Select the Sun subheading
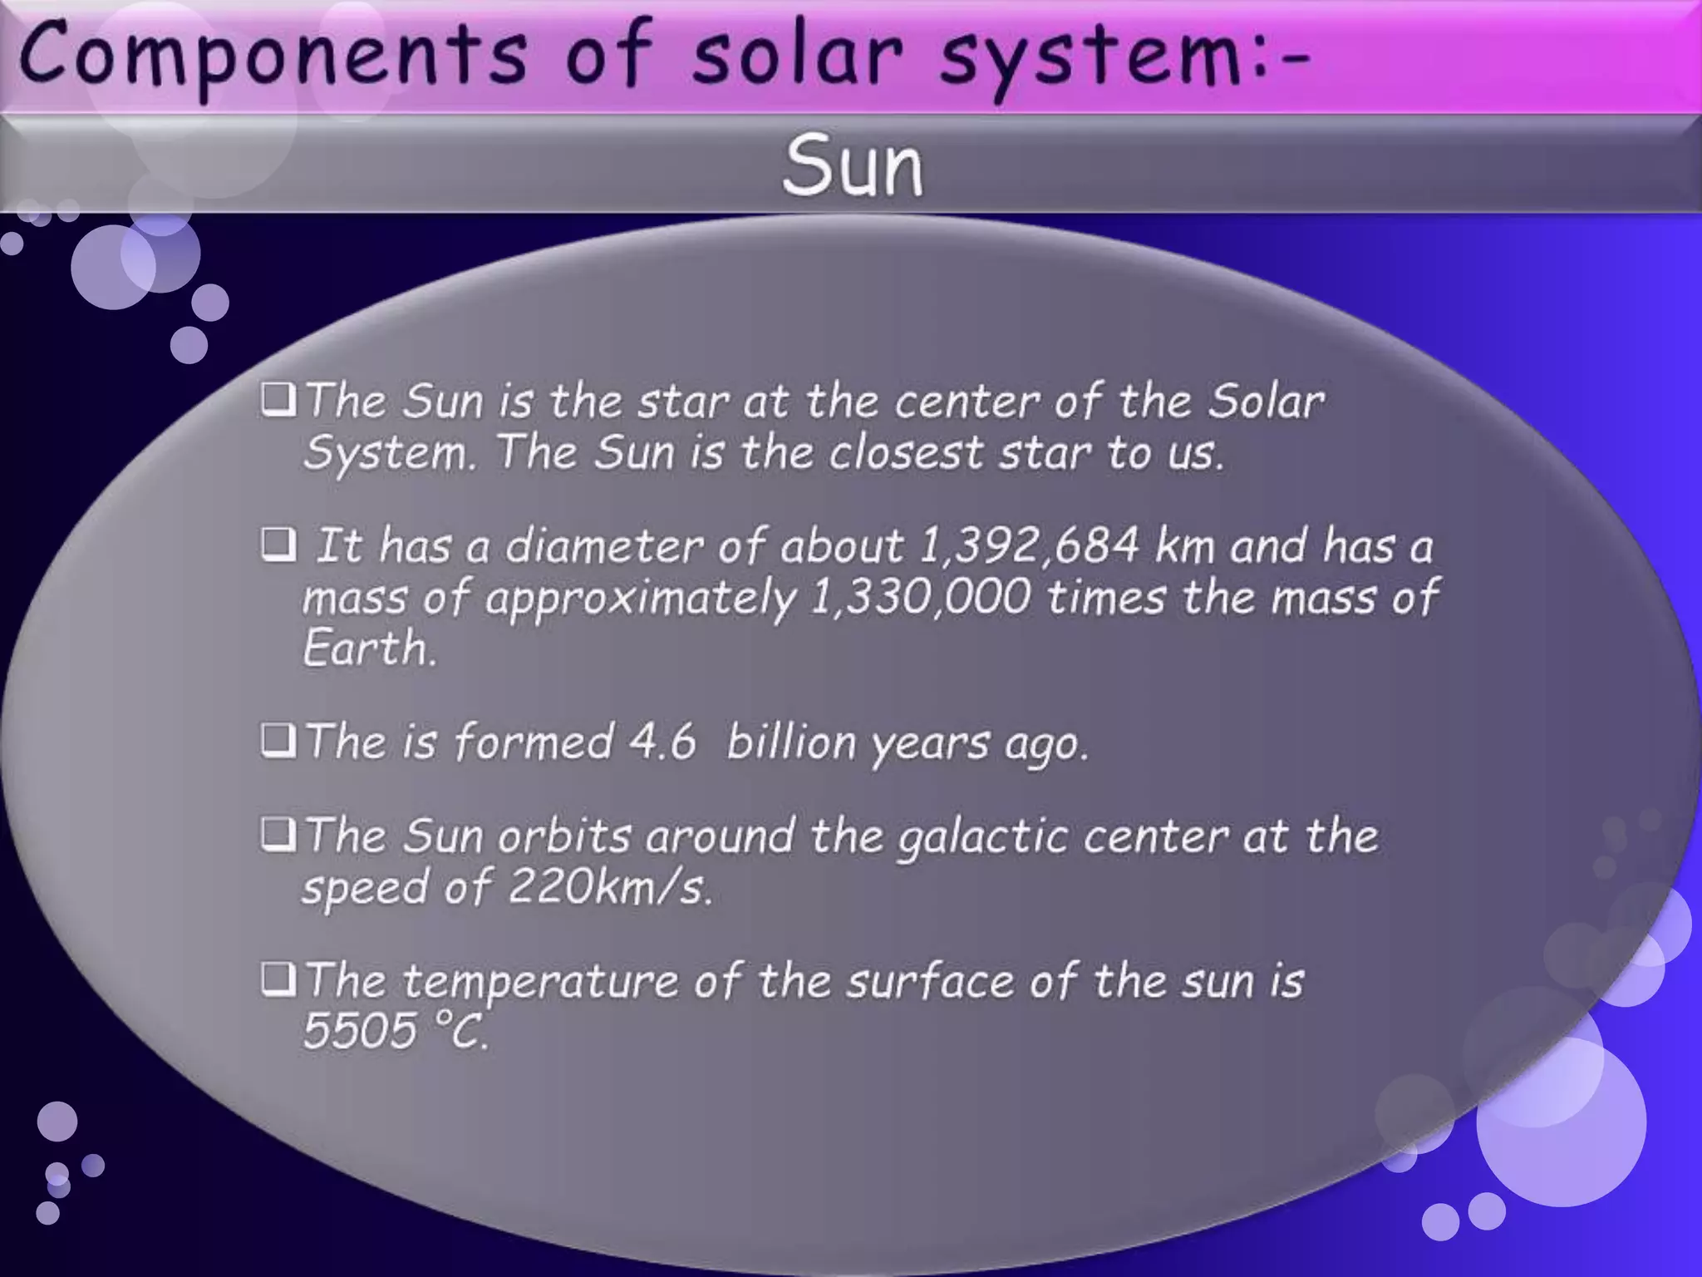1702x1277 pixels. [853, 166]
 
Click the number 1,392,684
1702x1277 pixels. [1029, 547]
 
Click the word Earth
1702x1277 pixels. [368, 648]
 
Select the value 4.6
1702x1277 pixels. [662, 742]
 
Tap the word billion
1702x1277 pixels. [791, 742]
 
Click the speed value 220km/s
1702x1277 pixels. [610, 887]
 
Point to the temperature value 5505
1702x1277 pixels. [359, 1032]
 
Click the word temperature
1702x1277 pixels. [540, 982]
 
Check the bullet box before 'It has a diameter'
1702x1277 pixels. [278, 546]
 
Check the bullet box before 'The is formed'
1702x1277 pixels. [278, 741]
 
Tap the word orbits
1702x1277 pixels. [564, 836]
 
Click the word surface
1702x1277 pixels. [930, 982]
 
